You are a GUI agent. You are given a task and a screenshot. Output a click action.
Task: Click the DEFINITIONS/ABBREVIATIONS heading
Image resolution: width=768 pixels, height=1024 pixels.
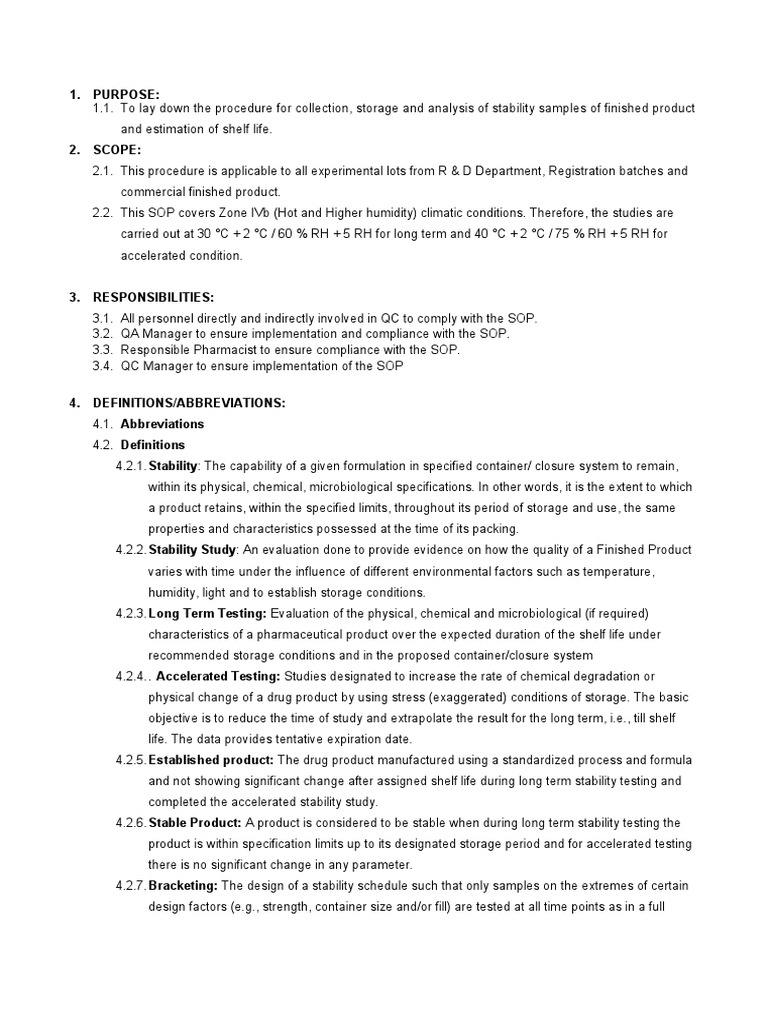(189, 403)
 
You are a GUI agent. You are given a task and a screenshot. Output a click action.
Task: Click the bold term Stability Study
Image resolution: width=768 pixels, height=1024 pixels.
(192, 550)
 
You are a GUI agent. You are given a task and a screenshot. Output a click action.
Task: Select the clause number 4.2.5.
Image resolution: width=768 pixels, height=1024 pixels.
(130, 760)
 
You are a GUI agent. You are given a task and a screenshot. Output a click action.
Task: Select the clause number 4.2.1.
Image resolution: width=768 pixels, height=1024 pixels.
(130, 466)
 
